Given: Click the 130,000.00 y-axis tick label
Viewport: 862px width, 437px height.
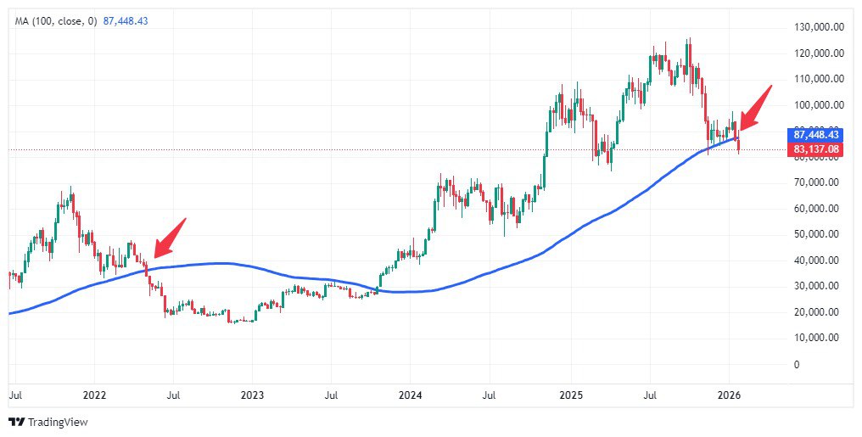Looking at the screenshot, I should pos(819,27).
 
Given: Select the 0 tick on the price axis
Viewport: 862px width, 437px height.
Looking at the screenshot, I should pos(796,365).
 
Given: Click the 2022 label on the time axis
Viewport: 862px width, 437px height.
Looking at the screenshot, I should pos(94,395).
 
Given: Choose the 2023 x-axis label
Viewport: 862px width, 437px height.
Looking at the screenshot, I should pos(252,395).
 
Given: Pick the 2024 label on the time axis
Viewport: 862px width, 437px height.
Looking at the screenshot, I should pos(411,395).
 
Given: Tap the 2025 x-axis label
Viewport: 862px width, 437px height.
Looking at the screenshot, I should pos(570,395).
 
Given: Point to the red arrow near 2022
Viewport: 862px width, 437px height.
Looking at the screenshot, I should pos(169,238).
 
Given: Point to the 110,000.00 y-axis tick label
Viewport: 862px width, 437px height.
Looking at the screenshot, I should pos(819,79).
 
